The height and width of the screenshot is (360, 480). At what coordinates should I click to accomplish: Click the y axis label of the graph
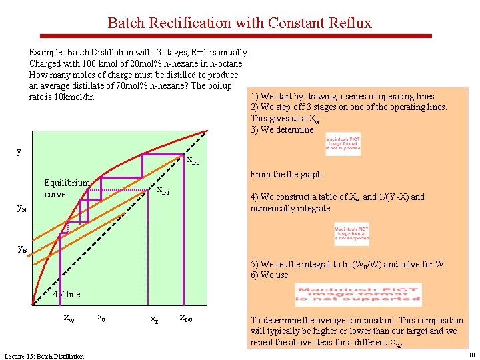19,151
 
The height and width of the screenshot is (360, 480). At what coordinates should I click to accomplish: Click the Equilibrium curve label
66,189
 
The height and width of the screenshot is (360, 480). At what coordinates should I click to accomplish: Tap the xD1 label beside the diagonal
163,191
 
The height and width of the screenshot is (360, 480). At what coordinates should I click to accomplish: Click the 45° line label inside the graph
67,294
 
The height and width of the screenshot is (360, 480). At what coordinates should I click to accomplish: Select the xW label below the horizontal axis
69,319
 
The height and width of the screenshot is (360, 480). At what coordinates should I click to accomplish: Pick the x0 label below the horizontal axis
100,317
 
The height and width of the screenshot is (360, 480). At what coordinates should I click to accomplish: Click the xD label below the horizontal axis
154,319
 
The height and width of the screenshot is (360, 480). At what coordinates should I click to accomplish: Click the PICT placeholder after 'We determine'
343,144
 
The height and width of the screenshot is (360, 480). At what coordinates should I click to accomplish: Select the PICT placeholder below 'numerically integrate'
351,234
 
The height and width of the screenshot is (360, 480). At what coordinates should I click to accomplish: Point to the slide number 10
471,355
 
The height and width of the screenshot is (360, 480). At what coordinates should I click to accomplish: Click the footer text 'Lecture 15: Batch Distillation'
44,356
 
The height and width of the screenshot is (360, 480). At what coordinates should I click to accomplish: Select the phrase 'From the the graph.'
287,174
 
